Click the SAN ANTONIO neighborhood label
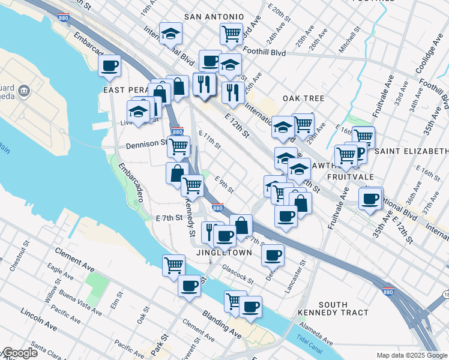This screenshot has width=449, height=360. pos(214,17)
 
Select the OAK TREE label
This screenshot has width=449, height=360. pos(304,98)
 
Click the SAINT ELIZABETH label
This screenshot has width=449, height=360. pos(412,151)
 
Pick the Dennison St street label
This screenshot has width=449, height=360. pos(147,145)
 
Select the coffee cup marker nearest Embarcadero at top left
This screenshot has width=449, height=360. pos(110,66)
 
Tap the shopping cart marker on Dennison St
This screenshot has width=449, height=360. pos(178,146)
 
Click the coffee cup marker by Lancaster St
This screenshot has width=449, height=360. pos(273,255)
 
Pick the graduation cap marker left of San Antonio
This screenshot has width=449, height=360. pos(171,34)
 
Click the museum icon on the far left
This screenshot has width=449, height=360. pos(24,91)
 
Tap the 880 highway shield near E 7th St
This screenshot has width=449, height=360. pos(217,208)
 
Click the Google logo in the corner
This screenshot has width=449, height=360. pos(19,353)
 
